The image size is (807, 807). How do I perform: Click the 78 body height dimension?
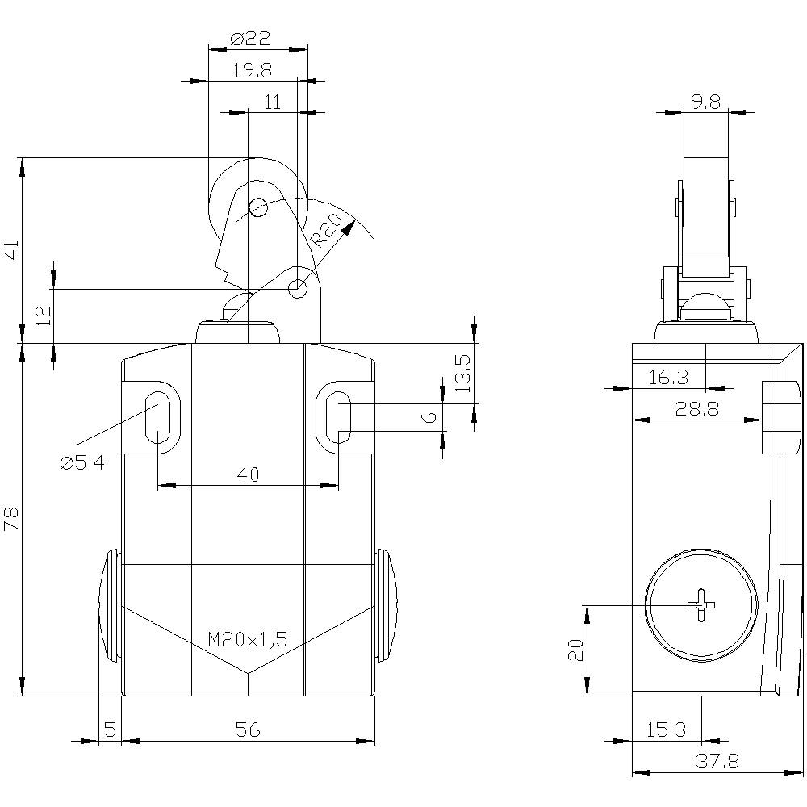coord(11,519)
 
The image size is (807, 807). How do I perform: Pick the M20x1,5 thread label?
coord(247,640)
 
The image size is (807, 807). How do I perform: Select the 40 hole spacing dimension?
coord(248,475)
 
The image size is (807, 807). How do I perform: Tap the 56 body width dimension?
coord(248,730)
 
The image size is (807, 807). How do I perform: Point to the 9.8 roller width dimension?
coord(705,102)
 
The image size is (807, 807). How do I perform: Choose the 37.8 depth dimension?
coord(717,761)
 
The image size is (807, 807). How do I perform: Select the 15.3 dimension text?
coord(666,730)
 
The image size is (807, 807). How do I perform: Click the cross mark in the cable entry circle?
coord(700,605)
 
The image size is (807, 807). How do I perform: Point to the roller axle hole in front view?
coord(258,208)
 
